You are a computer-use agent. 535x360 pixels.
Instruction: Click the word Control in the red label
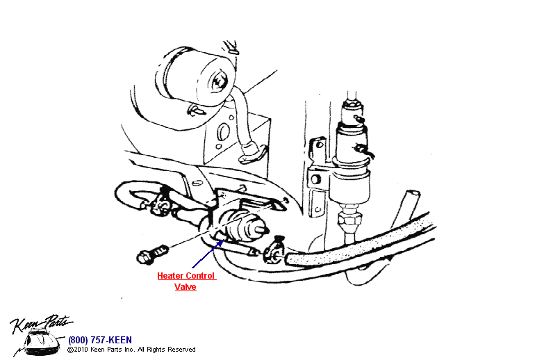tap(201, 276)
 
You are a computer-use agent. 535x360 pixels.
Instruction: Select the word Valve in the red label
tap(186, 287)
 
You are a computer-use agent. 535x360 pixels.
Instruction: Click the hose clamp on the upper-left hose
tap(163, 200)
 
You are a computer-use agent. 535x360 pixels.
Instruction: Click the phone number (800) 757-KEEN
tap(99, 340)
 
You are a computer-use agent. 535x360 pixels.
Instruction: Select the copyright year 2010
tap(81, 350)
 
